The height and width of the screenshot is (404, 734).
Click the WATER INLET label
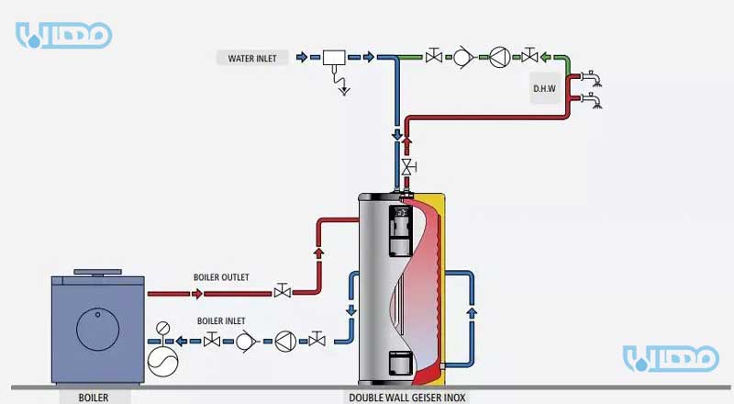pos(253,58)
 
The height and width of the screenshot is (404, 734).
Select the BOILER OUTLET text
pos(220,277)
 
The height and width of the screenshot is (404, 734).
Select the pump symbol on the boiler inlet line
pos(282,342)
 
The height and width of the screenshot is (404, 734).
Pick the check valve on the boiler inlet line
pos(245,342)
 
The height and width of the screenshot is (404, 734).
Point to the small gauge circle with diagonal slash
pos(164,328)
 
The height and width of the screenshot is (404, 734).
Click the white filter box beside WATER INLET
pos(332,58)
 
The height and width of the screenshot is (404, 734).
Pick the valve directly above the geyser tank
pos(406,167)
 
